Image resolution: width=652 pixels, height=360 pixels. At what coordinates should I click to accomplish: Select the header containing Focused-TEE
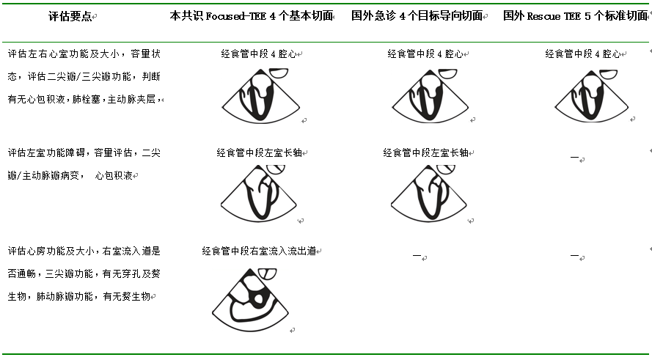252,15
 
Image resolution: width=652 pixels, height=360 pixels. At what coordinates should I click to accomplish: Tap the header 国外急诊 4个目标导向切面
417,15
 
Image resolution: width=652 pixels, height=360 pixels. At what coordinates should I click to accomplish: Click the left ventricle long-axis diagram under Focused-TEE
260,193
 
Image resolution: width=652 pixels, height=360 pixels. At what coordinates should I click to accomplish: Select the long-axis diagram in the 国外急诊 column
428,193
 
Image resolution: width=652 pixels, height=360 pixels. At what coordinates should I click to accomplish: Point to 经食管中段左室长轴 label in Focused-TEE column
260,153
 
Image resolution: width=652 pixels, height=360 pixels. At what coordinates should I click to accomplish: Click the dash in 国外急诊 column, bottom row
417,256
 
